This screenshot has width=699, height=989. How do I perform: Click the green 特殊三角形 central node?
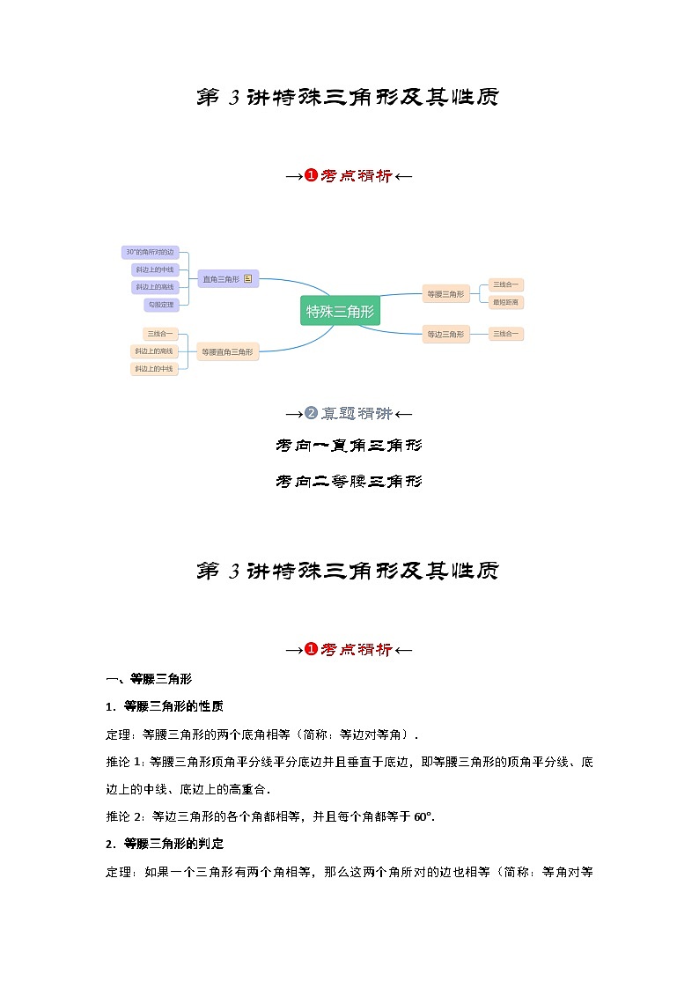pos(340,311)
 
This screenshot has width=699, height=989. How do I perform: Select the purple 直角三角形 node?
pos(221,279)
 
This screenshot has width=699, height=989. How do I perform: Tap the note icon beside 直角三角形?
pos(248,279)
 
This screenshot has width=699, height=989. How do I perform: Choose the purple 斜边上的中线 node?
pos(154,269)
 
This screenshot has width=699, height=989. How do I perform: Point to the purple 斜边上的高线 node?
pos(154,287)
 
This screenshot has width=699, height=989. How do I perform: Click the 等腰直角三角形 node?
pos(227,351)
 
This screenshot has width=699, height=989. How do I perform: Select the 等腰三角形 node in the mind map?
pos(445,294)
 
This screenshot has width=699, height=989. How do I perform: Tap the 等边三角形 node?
pos(445,334)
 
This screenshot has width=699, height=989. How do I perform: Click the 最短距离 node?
pos(505,302)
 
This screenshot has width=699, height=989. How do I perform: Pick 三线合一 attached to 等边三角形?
pos(505,334)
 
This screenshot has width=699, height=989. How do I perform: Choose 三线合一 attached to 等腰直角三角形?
pos(160,334)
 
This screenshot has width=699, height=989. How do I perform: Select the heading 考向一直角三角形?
pos(349,447)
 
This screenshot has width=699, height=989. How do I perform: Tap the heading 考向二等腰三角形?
pos(349,482)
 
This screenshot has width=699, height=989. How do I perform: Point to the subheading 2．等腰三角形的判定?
pos(165,844)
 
